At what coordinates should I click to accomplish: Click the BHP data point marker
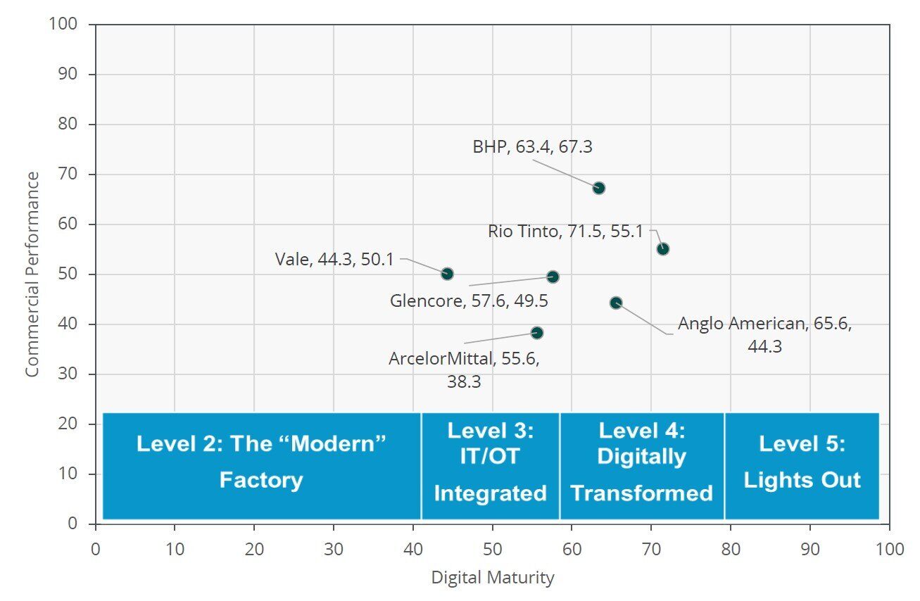599,188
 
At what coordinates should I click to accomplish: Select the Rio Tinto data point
663,249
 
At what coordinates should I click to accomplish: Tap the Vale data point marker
447,274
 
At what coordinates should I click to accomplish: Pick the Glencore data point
553,277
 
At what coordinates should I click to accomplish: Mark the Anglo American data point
616,303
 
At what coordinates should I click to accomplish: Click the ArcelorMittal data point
537,333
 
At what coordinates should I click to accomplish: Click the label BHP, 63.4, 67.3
532,147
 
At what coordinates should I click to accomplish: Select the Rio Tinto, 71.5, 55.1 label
565,231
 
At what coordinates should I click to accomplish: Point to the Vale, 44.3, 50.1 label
334,259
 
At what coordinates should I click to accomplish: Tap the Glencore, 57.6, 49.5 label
469,300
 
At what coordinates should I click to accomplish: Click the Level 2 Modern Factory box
261,465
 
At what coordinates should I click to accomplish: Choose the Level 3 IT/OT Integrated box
490,465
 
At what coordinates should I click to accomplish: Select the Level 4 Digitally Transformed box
641,465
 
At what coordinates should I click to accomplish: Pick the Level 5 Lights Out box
802,465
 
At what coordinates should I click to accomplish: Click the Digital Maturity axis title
492,578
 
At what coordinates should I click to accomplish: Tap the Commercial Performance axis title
32,274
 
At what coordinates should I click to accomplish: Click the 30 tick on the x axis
334,549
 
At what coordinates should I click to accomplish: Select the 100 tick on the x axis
889,549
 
